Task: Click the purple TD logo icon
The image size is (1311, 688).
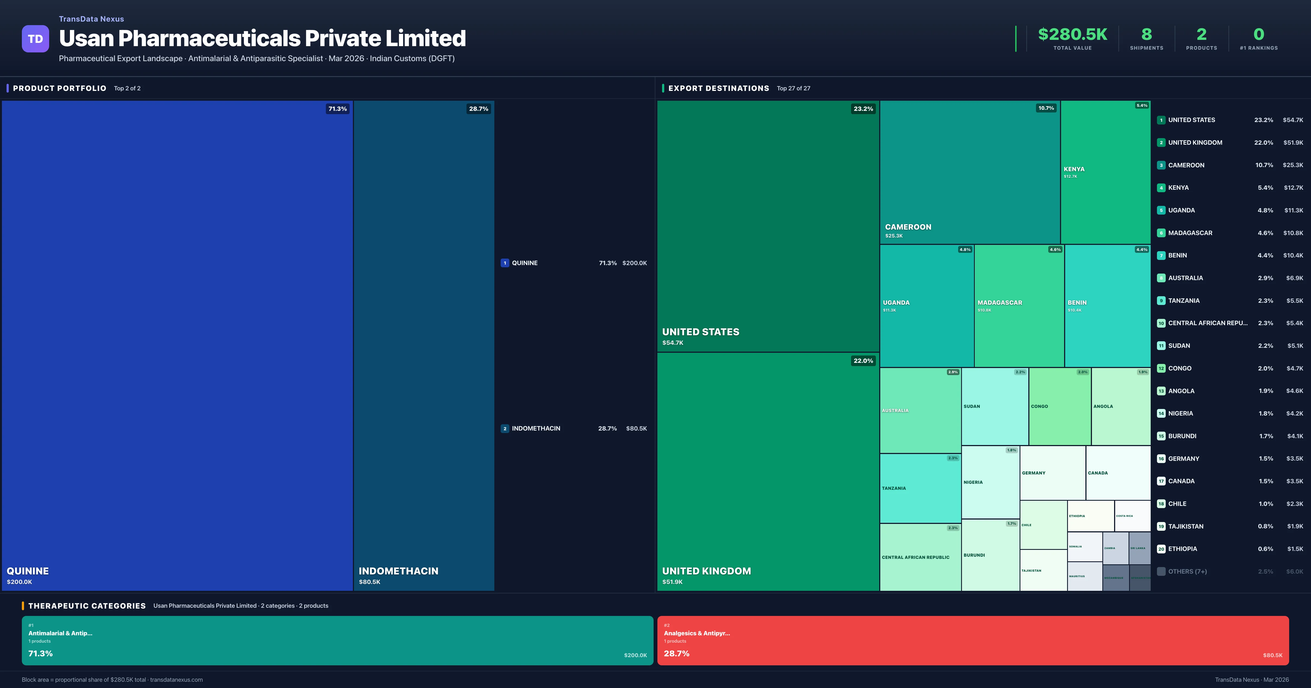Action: [x=35, y=39]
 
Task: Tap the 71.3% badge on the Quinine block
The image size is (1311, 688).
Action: [x=337, y=109]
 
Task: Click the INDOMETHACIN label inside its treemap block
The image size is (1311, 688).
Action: [x=398, y=571]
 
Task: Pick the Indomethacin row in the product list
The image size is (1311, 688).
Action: [x=535, y=428]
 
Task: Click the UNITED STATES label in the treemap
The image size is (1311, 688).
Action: [x=700, y=332]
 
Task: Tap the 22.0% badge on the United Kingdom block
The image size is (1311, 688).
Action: [x=863, y=361]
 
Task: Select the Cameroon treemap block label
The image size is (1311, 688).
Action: [x=908, y=227]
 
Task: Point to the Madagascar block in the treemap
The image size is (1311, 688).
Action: [x=1018, y=305]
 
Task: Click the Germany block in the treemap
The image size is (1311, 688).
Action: [x=1052, y=473]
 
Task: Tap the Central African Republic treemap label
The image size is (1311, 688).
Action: [x=915, y=557]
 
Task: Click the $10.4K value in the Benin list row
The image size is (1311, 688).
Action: [x=1293, y=256]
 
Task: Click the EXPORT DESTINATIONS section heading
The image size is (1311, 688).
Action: [x=718, y=88]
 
